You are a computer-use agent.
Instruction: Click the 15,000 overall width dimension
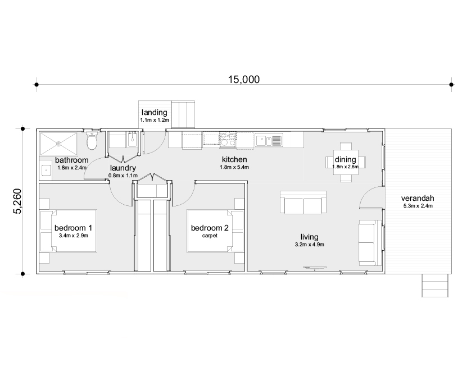pos(243,79)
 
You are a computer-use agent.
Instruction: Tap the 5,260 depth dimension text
pos(17,201)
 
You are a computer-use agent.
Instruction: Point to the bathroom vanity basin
pos(46,170)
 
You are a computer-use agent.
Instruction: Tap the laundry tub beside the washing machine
pos(134,139)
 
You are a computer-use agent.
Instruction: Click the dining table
pos(345,162)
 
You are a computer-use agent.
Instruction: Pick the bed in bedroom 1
pos(68,231)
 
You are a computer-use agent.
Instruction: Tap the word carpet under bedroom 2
pos(210,236)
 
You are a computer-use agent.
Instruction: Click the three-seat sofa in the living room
pos(303,203)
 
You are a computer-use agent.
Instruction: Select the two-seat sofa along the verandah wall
pos(369,242)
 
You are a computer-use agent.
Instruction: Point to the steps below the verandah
pos(436,286)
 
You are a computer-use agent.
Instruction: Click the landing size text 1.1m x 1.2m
pos(155,121)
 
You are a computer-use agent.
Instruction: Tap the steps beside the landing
pos(184,115)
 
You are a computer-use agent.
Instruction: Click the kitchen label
pos(234,159)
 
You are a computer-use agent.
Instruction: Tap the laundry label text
pos(123,168)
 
